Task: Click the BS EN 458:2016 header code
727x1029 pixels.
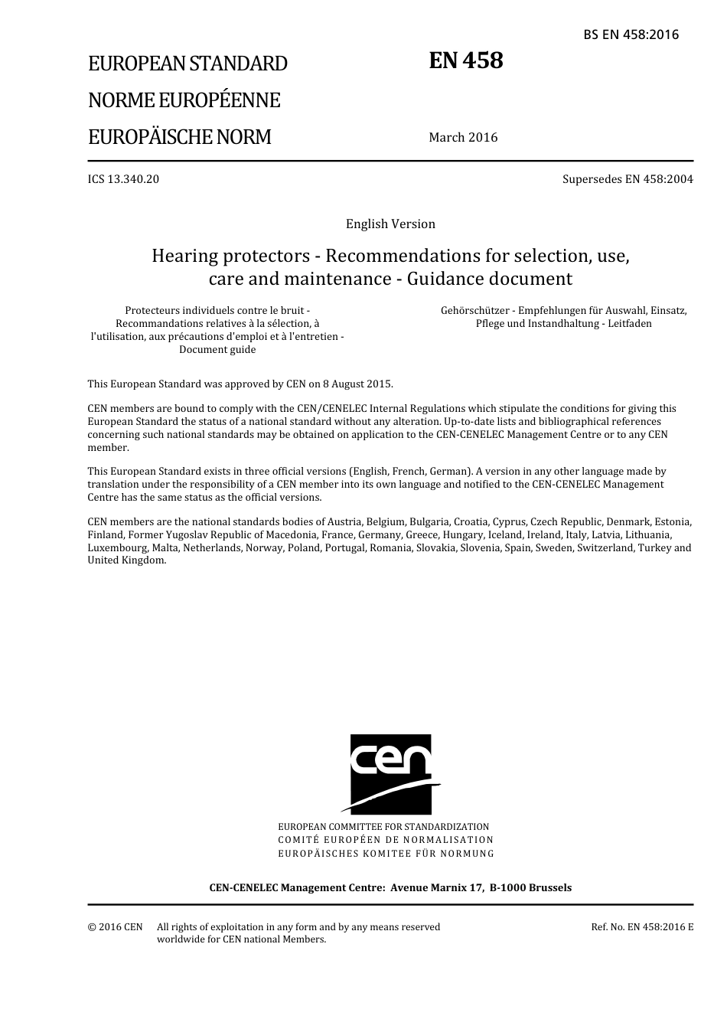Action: point(631,34)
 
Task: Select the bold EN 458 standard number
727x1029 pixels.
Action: point(466,60)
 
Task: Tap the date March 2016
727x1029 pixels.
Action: point(463,138)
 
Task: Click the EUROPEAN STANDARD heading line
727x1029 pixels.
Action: point(187,64)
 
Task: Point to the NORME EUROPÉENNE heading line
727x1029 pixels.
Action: point(184,100)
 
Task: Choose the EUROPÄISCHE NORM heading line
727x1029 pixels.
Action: point(179,138)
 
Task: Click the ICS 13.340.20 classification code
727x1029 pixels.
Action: point(123,179)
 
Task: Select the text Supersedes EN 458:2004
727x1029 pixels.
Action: point(628,179)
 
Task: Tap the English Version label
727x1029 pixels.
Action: point(390,224)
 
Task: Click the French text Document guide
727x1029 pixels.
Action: point(217,350)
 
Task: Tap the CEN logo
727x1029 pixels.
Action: point(390,774)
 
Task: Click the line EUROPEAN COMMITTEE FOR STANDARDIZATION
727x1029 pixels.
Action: point(383,827)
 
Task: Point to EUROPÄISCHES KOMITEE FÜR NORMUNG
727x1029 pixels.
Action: point(386,853)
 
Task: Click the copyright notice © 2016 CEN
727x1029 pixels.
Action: point(115,927)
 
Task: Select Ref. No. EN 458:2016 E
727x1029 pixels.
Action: point(642,927)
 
